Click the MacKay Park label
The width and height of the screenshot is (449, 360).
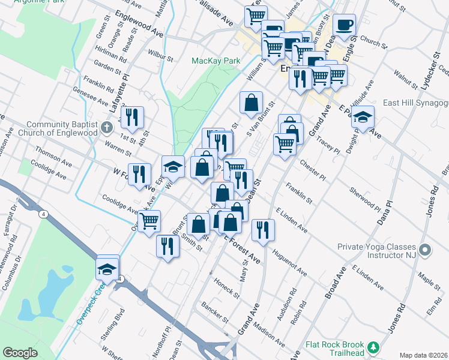[x=215, y=61]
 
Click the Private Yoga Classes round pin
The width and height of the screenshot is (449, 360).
[x=426, y=250]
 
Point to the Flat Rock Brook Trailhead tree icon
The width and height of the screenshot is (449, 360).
[x=373, y=347]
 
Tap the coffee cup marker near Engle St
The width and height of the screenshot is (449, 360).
[x=345, y=25]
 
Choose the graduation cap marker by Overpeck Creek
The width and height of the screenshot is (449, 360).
[x=107, y=268]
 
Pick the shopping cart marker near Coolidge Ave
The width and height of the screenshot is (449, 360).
[x=149, y=221]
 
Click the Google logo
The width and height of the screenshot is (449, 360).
[x=20, y=353]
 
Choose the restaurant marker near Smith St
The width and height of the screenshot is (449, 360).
[x=167, y=246]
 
